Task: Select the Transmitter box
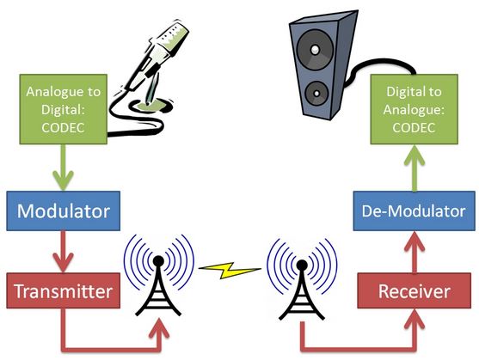63,291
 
